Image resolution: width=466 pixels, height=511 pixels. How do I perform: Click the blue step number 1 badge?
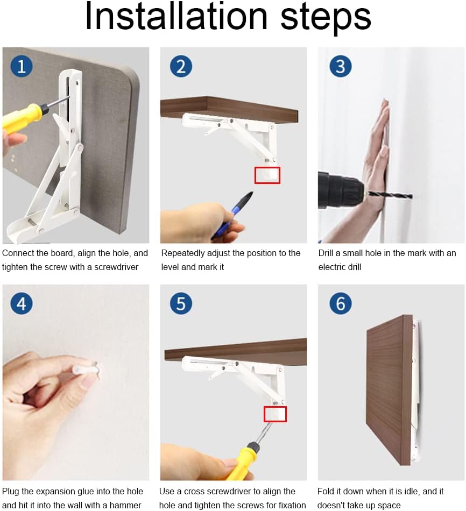coord(22,67)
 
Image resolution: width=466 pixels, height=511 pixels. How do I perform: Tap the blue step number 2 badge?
coord(181,67)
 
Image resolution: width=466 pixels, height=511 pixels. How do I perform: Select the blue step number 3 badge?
coord(341,67)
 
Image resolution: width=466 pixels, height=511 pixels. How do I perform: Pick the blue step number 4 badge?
coord(22,304)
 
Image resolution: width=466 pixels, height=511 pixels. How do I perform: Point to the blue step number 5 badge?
coord(181,304)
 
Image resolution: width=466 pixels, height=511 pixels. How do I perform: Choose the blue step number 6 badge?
coord(341,304)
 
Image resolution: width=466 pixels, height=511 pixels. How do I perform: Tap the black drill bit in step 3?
coord(390,195)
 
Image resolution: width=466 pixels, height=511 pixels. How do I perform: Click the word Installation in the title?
coord(176,16)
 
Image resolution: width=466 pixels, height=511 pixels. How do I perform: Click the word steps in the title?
coord(326,18)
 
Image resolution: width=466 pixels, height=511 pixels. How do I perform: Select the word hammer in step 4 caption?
coord(125,505)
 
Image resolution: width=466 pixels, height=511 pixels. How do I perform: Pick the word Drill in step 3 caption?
coord(326,253)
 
